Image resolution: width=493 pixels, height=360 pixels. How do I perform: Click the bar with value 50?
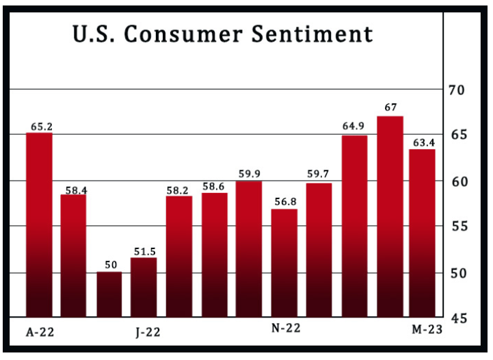pos(109,294)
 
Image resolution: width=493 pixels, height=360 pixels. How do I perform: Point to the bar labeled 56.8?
pos(284,263)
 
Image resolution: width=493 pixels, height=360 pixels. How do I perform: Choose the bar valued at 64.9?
pos(354,226)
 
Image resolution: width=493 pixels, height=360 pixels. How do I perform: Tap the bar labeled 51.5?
pos(144,287)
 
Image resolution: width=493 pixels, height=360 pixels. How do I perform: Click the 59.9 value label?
pos(249,174)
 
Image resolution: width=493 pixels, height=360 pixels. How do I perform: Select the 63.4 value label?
pos(423,142)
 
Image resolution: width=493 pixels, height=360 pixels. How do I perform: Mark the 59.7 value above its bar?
pos(319,174)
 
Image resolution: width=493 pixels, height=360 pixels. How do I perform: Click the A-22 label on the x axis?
pos(40,332)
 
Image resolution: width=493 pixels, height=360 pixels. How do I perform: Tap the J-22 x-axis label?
pos(148,332)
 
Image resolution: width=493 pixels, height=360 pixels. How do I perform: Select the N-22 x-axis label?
pos(286,329)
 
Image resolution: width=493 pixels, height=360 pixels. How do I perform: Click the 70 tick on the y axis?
pos(457,90)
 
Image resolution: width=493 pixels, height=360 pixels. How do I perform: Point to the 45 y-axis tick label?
pos(457,318)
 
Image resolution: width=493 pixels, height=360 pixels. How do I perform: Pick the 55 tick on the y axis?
pos(457,227)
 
